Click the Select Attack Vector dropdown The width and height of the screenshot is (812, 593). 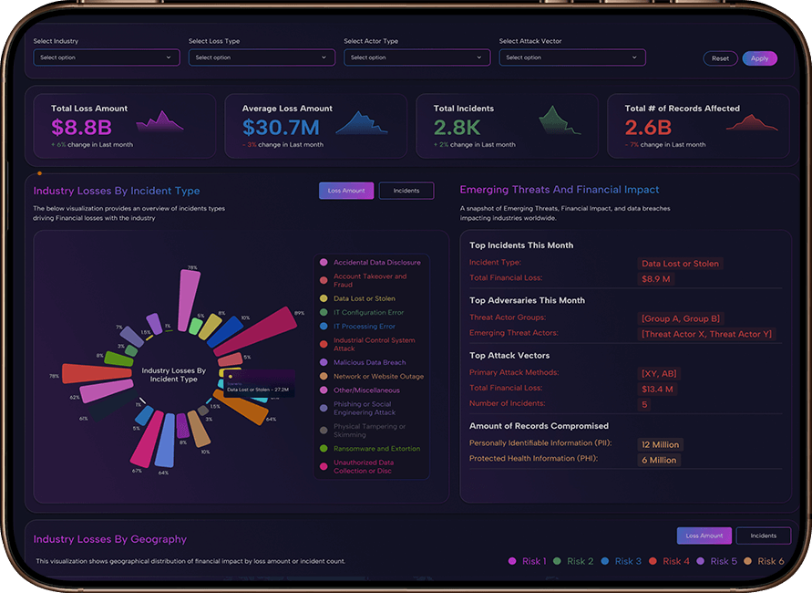click(572, 57)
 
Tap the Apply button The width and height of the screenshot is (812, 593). click(759, 58)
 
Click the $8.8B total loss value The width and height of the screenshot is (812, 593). click(81, 128)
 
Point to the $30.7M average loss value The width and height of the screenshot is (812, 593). click(281, 128)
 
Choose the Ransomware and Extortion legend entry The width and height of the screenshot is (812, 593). click(376, 449)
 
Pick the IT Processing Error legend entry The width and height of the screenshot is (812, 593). click(364, 326)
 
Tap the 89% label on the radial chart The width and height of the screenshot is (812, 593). click(299, 313)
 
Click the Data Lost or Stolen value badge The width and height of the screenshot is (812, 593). click(680, 264)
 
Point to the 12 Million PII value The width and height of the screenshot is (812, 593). click(660, 444)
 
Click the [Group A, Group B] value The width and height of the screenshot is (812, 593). click(681, 318)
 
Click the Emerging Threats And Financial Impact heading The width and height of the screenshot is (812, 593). click(559, 190)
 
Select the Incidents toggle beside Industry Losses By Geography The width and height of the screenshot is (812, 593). click(763, 536)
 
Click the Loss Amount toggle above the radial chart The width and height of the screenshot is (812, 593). click(346, 191)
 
